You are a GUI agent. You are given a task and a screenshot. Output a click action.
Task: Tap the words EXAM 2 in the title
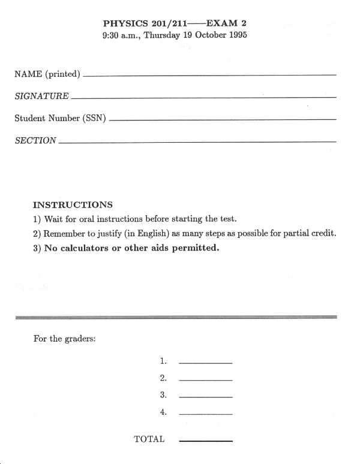[x=226, y=23]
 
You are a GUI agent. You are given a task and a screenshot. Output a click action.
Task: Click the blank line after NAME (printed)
[x=210, y=76]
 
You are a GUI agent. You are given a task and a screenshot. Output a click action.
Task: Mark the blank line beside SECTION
[x=198, y=142]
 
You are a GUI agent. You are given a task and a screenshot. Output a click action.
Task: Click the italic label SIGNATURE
[x=41, y=96]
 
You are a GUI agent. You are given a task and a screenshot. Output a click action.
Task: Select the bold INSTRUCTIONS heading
[x=73, y=204]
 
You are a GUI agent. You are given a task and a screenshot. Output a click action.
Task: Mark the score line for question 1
[x=205, y=363]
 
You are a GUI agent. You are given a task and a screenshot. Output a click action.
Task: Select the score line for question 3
[x=205, y=397]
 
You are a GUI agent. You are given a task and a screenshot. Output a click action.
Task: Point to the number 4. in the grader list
[x=163, y=412]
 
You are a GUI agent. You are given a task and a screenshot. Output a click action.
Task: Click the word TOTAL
[x=149, y=439]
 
